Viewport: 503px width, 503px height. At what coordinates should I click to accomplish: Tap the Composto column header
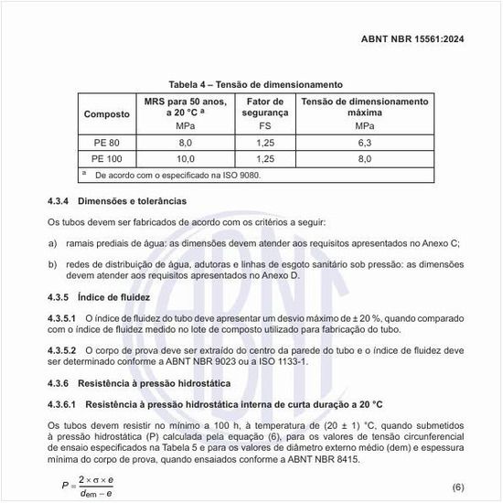tap(106, 114)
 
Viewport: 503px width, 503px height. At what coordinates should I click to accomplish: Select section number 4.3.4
tap(61, 199)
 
